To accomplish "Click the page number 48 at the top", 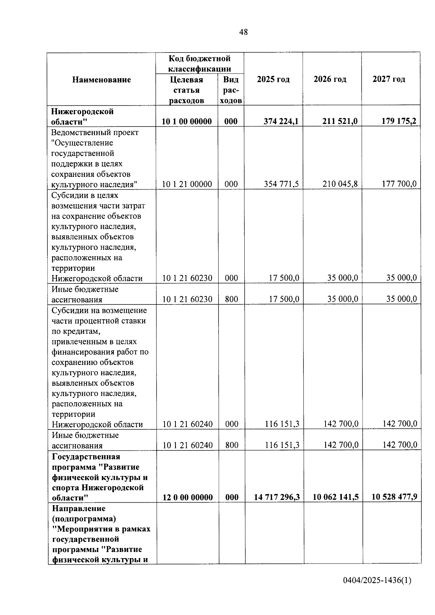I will [244, 32].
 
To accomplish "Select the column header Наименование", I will [101, 80].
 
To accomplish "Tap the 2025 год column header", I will [273, 79].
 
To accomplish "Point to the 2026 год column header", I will [330, 79].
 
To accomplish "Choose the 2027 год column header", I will [389, 79].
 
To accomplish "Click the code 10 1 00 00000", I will [187, 121].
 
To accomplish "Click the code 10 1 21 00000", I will [187, 184].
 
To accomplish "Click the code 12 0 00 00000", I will [187, 497].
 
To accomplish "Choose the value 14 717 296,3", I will [277, 497].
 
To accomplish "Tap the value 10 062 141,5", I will [336, 497].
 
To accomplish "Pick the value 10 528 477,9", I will [394, 497].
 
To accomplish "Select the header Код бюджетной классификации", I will [200, 63].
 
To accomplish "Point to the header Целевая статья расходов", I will [187, 90].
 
